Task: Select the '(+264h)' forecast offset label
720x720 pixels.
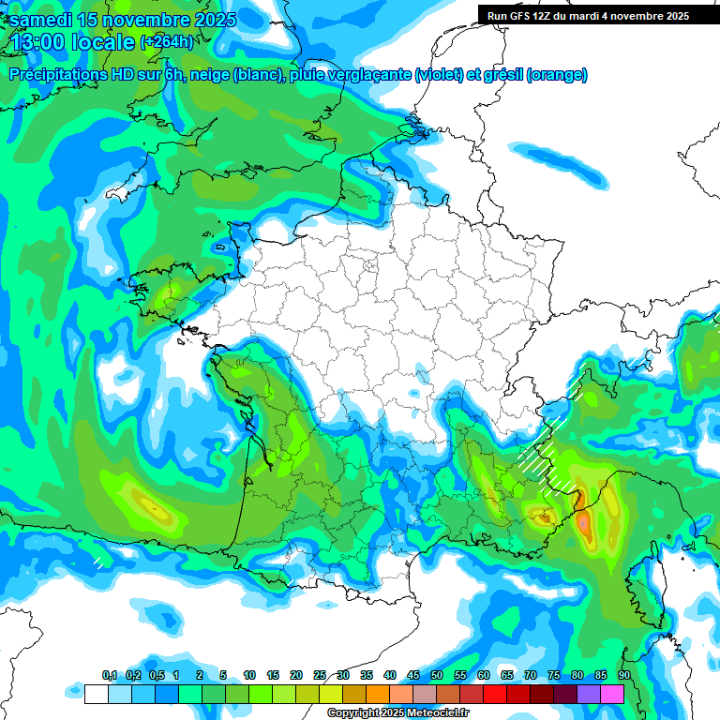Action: pos(166,42)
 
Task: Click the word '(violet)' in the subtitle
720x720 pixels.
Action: pos(440,75)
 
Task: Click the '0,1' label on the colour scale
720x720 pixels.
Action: pos(110,676)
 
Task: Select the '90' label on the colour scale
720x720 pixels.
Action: pos(623,676)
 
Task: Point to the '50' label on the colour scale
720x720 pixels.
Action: pos(437,676)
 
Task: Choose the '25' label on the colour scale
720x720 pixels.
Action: pos(320,676)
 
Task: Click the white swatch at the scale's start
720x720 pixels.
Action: pos(96,694)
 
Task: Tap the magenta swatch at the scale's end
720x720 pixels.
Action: pos(612,694)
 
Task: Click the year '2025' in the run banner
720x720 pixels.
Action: pos(673,16)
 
